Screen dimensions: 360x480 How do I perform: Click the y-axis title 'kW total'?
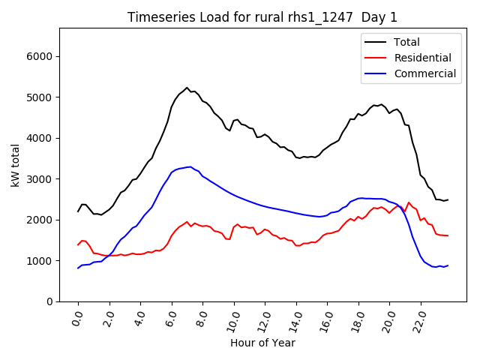[16, 164]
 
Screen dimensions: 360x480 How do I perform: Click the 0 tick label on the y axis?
[49, 301]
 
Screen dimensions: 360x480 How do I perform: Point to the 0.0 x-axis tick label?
[76, 318]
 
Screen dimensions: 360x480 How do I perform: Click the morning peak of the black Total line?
[187, 88]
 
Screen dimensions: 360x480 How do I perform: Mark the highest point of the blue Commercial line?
[190, 166]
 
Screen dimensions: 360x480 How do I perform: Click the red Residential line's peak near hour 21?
[409, 202]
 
